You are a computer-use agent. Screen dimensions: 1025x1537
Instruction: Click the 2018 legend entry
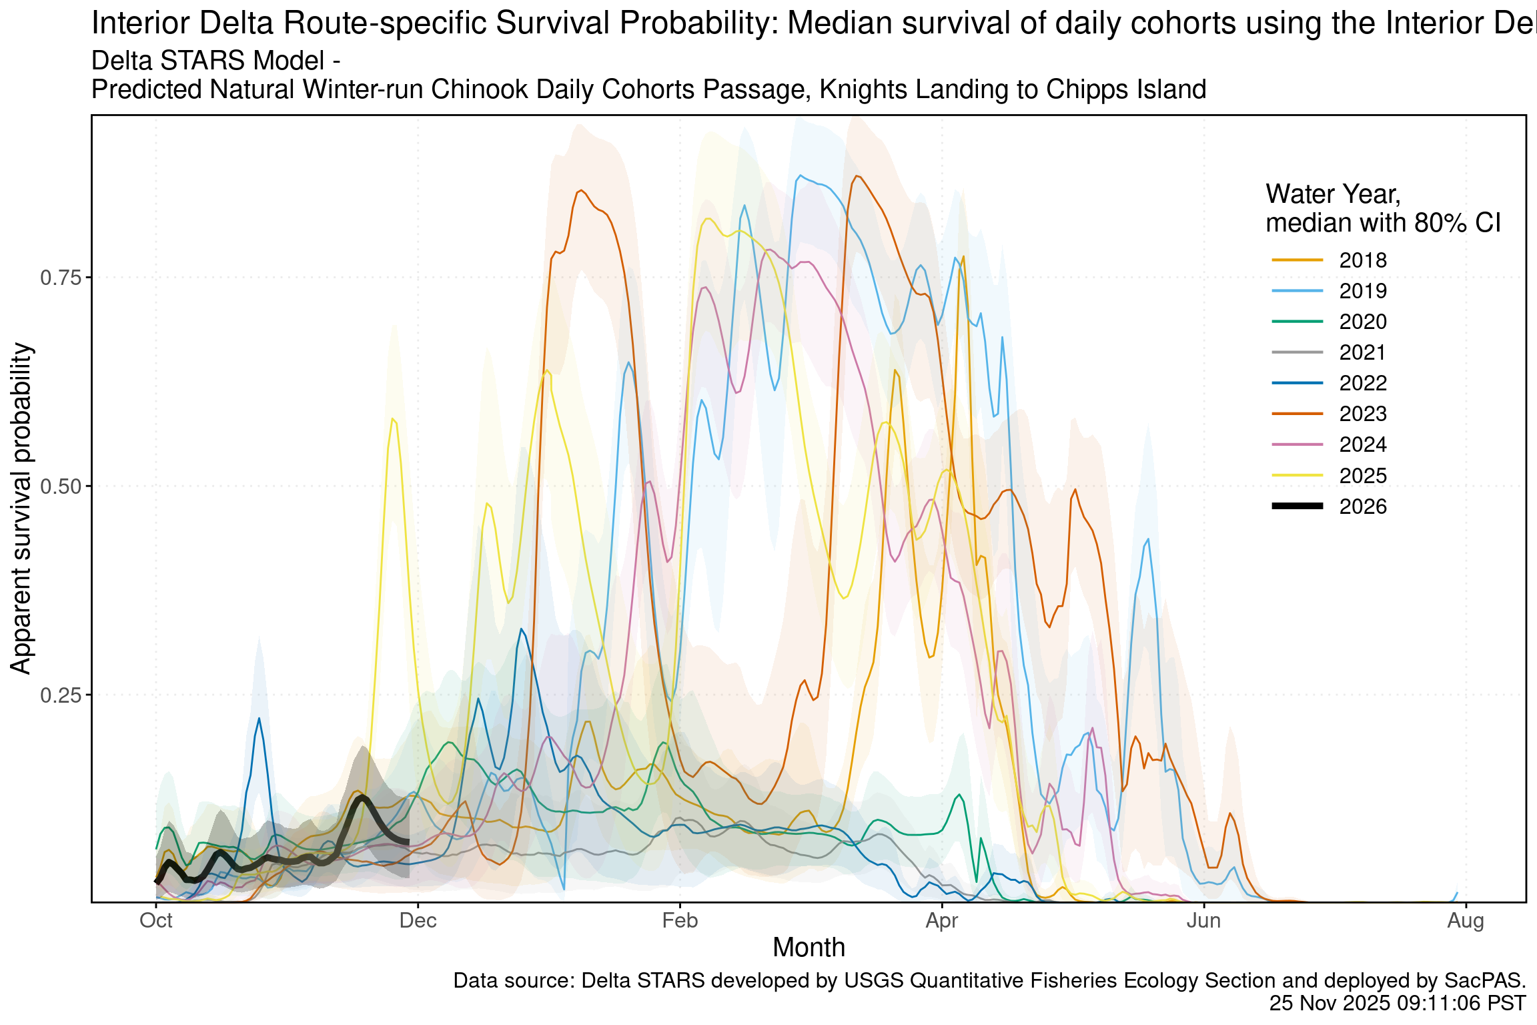coord(1362,260)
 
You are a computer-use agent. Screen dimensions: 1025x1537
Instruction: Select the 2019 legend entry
coord(1362,291)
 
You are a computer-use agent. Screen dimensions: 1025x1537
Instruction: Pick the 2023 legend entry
coord(1362,414)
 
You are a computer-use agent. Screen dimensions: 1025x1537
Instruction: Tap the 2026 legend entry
coord(1362,506)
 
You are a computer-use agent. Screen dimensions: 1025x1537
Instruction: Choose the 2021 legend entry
coord(1362,352)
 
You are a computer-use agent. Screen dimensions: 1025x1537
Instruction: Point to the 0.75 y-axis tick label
coord(61,278)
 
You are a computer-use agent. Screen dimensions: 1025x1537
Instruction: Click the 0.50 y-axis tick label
coord(61,486)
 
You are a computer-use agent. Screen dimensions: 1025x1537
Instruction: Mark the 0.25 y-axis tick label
coord(61,695)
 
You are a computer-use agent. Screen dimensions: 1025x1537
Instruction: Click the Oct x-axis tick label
coord(156,921)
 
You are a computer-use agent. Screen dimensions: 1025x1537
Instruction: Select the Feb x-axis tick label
coord(680,921)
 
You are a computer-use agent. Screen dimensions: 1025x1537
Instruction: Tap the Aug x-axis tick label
coord(1466,921)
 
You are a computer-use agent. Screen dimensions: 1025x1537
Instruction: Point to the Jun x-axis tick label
coord(1203,921)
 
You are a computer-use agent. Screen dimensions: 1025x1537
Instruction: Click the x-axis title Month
coord(809,948)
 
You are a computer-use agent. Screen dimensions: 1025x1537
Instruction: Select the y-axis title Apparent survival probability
coord(21,508)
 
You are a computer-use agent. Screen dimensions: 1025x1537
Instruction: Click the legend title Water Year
coord(1333,194)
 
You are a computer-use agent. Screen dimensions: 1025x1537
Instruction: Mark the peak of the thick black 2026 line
coord(362,797)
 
